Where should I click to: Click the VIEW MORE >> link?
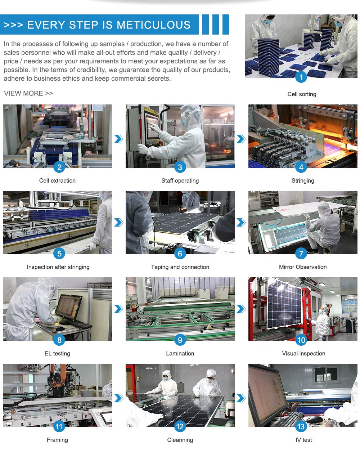coord(28,93)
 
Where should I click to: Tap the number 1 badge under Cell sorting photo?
coord(301,77)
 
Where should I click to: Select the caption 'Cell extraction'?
coord(57,180)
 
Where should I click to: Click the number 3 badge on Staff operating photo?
coord(180,167)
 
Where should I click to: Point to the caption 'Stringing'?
coord(303,180)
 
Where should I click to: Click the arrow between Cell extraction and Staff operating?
coord(118,139)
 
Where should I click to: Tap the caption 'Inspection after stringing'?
coord(58,267)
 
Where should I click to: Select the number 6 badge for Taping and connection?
coord(180,254)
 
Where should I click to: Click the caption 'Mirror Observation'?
coord(303,267)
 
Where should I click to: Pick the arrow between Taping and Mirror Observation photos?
coord(241,222)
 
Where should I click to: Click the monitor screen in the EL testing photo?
coord(68,307)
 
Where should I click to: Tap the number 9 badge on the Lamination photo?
coord(180,340)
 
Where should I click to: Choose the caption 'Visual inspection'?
coord(303,353)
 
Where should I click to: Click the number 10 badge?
coord(301,340)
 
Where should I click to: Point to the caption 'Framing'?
coord(57,440)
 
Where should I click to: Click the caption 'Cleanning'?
coord(180,440)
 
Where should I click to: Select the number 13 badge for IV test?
coord(301,427)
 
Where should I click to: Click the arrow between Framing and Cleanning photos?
coord(118,398)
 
